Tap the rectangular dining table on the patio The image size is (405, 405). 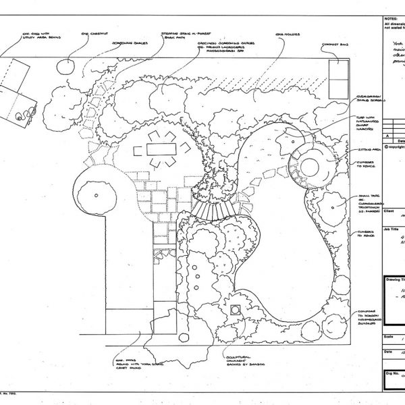(160, 148)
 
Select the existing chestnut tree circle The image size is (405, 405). (66, 66)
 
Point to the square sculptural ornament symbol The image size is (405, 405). (235, 310)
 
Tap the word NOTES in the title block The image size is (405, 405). (390, 20)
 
